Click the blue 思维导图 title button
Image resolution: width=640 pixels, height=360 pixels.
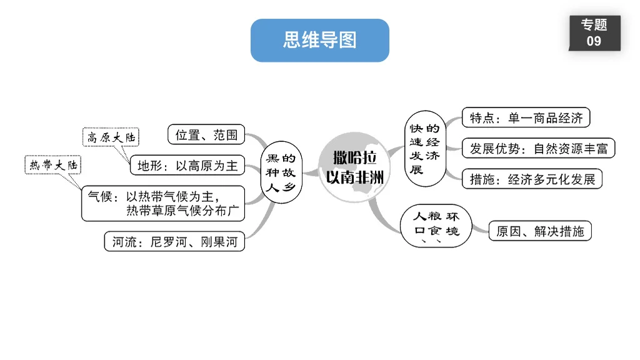pos(319,41)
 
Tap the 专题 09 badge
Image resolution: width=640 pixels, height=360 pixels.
pos(594,33)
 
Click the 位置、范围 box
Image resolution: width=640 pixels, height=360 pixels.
pos(206,134)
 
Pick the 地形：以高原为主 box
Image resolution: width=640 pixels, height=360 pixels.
pos(187,166)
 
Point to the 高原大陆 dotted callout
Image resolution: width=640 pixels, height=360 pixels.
pos(112,137)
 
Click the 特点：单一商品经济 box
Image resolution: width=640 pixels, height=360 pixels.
pos(526,117)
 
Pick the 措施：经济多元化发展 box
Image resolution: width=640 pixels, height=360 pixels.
pos(532,179)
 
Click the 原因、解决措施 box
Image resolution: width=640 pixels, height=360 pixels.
pos(539,231)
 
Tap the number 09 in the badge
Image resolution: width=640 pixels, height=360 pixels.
pos(594,41)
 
